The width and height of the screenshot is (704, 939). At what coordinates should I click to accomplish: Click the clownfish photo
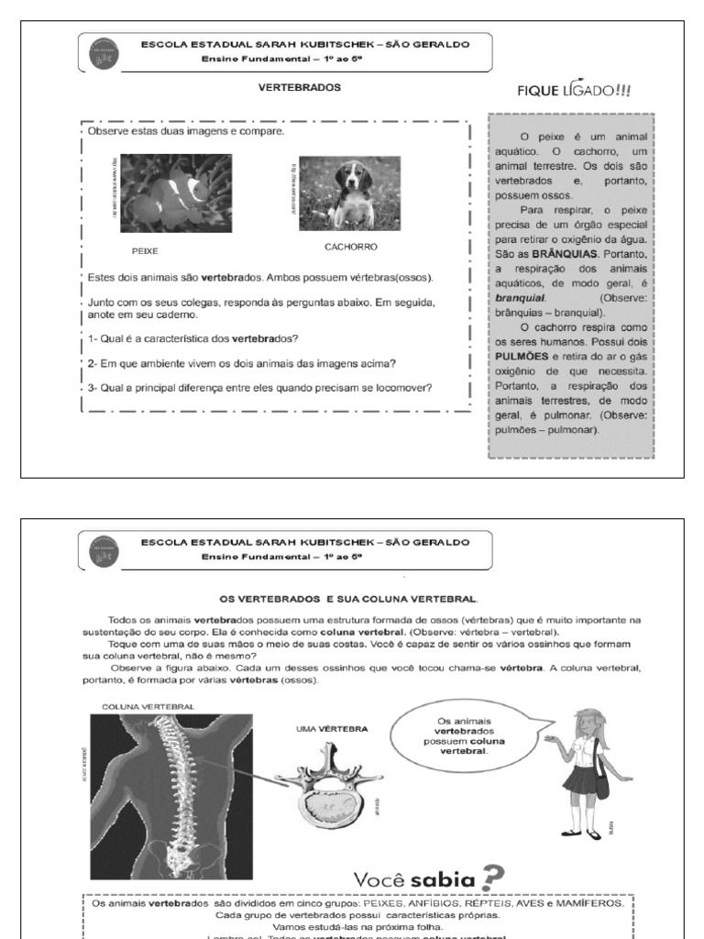tap(176, 193)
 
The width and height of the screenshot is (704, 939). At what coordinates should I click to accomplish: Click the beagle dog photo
tap(349, 193)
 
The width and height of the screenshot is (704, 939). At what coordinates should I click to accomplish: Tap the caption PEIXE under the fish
tap(145, 249)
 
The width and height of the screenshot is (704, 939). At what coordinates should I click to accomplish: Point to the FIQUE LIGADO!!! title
tap(575, 90)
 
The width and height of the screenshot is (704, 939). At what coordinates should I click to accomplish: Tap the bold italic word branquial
tap(520, 298)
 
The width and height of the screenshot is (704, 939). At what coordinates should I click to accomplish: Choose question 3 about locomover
tap(260, 387)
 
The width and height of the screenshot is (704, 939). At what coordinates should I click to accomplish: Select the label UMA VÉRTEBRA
tap(333, 728)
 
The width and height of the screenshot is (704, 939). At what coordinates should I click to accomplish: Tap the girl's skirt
tap(584, 781)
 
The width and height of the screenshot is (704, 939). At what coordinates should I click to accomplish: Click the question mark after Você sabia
tap(496, 878)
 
